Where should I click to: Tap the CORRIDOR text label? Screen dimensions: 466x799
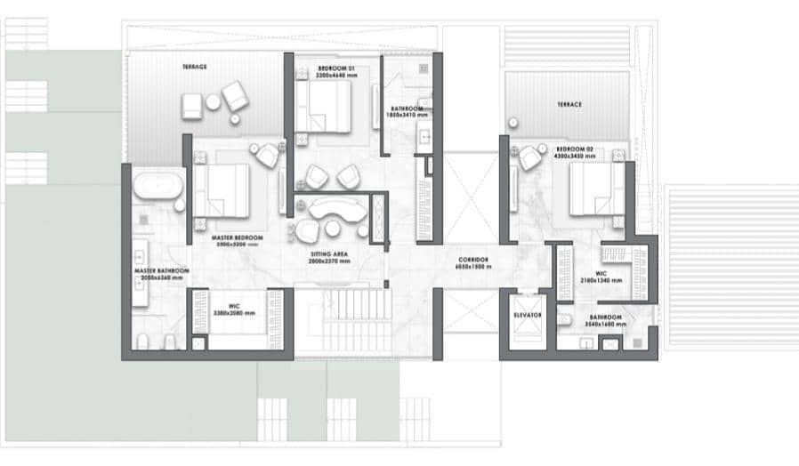click(472, 259)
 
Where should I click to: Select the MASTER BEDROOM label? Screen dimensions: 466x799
click(238, 238)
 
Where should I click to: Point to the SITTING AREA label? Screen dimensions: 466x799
click(327, 253)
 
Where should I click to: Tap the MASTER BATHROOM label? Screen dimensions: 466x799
click(161, 270)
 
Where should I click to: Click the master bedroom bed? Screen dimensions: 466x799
click(222, 190)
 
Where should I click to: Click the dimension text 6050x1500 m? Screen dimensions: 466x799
click(472, 267)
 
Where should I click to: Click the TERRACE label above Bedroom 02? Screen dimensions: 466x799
click(569, 105)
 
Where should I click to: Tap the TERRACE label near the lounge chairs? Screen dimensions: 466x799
click(194, 67)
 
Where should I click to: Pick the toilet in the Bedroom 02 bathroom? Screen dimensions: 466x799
click(566, 320)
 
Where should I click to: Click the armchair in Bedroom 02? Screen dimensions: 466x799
click(530, 157)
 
